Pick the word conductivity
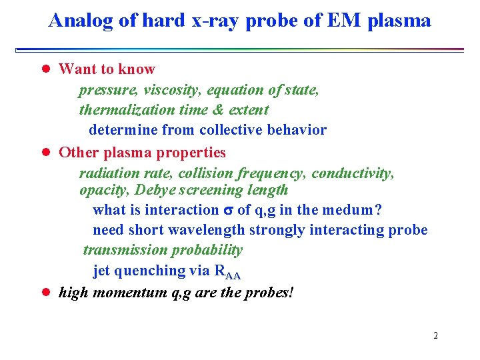pyautogui.click(x=353, y=173)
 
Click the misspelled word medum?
pyautogui.click(x=353, y=210)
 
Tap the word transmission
pyautogui.click(x=125, y=250)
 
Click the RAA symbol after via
pyautogui.click(x=227, y=271)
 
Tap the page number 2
pyautogui.click(x=435, y=335)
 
